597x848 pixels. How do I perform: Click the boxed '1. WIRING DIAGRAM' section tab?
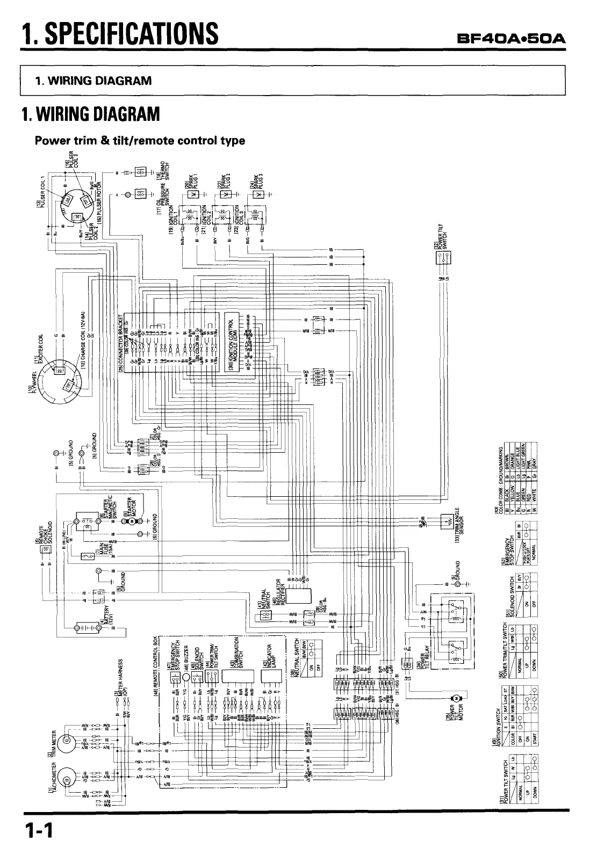coord(93,81)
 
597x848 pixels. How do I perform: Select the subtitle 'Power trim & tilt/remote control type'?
coord(140,141)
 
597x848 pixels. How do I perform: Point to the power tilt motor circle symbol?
coord(457,697)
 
